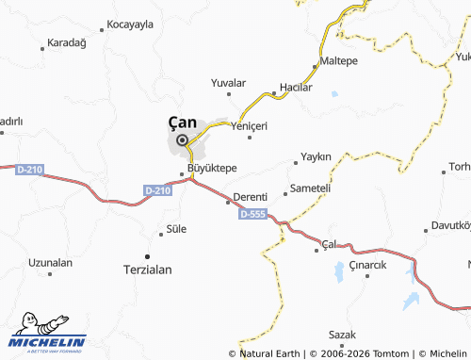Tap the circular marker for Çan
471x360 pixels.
[182, 140]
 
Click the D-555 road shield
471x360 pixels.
[252, 215]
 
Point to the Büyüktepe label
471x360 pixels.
[212, 168]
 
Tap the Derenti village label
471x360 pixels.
[252, 196]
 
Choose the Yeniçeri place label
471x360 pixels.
[250, 125]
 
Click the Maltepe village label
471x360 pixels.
[340, 60]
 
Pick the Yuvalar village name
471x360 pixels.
[228, 83]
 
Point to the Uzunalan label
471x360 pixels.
[51, 262]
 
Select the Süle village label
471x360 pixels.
[176, 229]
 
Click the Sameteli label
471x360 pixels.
[311, 188]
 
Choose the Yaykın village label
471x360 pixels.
[317, 155]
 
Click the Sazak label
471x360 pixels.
[342, 335]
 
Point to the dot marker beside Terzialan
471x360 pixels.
[147, 255]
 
